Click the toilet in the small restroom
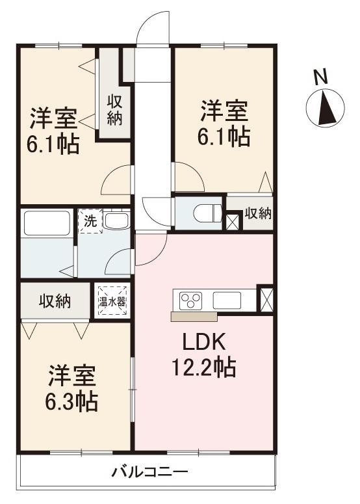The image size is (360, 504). tap(208, 213)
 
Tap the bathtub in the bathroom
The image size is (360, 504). tap(47, 223)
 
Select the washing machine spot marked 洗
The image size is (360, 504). tap(90, 221)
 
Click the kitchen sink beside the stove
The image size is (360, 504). tap(227, 300)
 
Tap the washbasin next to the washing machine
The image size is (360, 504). tap(117, 220)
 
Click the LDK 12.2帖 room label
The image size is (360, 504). tap(204, 355)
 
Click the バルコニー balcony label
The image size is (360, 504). tap(149, 472)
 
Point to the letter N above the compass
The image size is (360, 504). tap(320, 77)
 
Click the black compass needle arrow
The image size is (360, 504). tap(328, 108)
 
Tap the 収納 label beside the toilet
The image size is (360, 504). tap(258, 213)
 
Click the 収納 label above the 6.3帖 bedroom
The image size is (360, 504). tap(55, 301)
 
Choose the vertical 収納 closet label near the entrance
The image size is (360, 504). tap(114, 110)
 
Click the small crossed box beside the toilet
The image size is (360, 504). tap(232, 221)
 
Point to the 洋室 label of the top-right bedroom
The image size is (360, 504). tap(224, 111)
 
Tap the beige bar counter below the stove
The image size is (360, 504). tap(194, 316)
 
